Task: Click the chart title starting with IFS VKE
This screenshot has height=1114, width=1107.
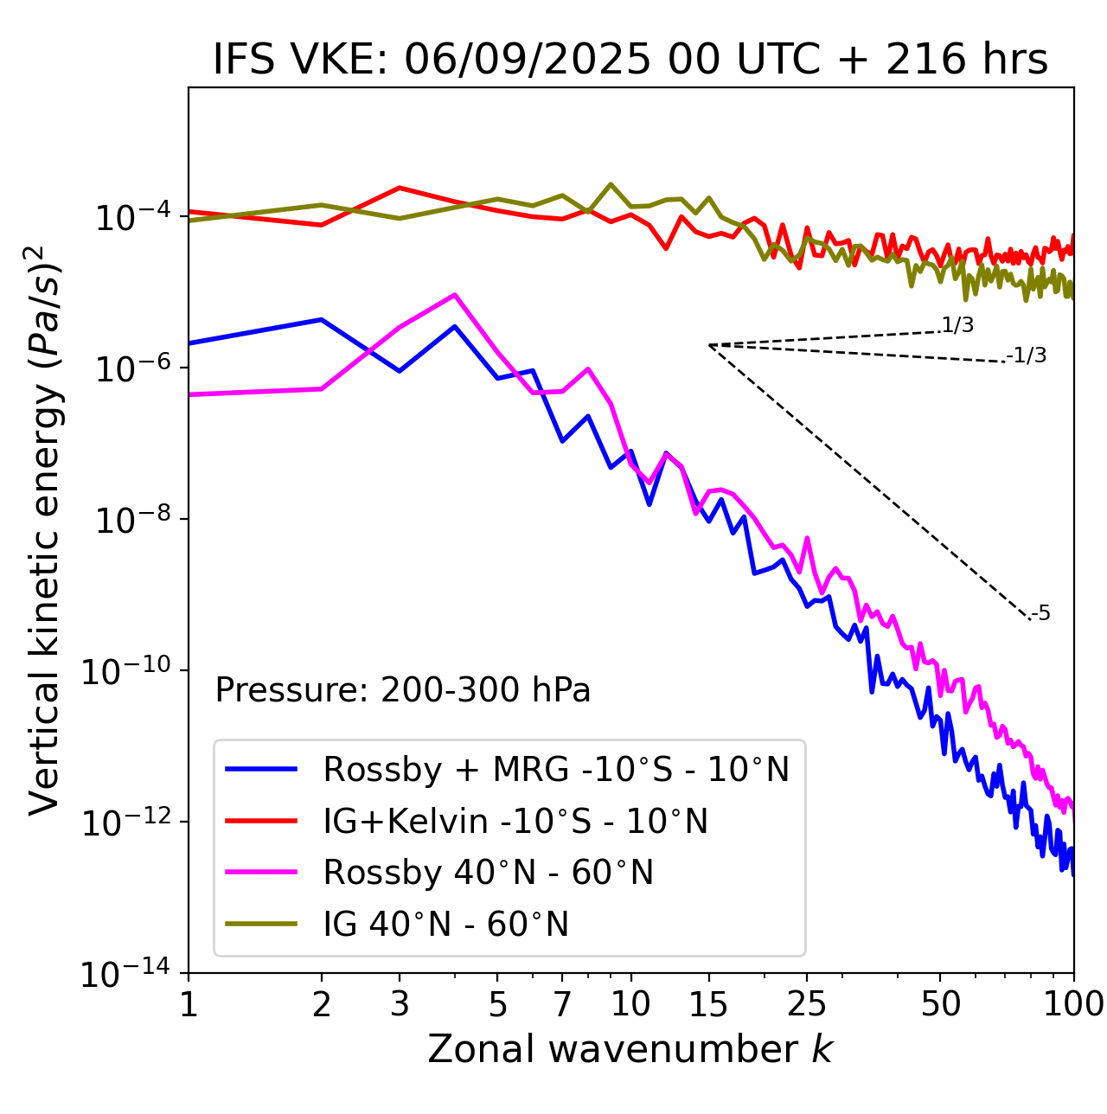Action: coord(630,60)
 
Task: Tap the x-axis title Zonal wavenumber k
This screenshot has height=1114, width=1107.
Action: coord(630,1049)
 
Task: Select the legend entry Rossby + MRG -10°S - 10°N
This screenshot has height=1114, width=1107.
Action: coord(556,769)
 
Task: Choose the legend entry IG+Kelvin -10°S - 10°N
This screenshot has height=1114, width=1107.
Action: coord(515,821)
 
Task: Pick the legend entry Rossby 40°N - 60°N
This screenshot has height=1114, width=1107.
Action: coord(488,873)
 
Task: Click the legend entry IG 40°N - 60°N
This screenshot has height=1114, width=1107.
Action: coord(445,925)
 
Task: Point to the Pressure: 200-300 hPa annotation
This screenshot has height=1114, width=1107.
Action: coord(403,690)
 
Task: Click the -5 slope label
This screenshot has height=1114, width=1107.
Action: coord(1040,614)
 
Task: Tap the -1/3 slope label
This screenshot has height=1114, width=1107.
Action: coord(1027,355)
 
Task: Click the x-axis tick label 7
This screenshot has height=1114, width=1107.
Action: coord(562,1004)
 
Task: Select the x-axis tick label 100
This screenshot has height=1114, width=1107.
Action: coord(1073,1004)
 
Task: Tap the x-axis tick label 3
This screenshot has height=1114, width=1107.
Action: coord(400,1004)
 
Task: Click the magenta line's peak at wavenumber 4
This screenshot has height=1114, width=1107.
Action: coord(455,295)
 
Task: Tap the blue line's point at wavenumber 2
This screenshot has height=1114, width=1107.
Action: coord(322,320)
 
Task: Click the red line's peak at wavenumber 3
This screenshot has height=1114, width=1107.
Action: coord(400,188)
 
